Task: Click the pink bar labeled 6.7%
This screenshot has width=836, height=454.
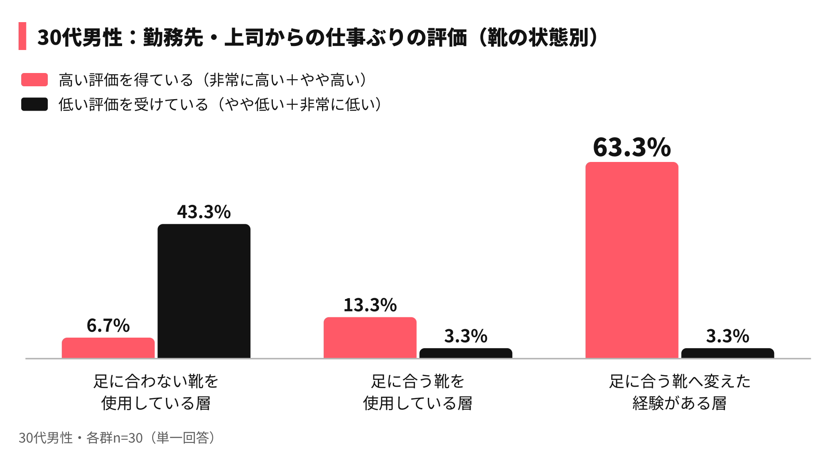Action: (108, 348)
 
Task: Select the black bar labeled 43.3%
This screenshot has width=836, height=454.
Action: (204, 291)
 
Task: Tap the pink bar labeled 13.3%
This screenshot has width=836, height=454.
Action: (370, 338)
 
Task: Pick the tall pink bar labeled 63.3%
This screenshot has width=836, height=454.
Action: (632, 260)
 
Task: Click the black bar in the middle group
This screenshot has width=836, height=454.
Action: (466, 353)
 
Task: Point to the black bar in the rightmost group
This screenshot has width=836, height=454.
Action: (728, 353)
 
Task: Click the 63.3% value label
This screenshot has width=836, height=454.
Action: (632, 147)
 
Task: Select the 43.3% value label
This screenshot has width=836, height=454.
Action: (204, 212)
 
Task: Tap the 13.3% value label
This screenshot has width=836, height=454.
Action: (370, 305)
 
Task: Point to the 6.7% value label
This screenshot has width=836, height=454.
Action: (108, 326)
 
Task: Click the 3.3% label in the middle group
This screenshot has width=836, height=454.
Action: (466, 336)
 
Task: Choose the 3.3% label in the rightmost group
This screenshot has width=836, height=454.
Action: (728, 336)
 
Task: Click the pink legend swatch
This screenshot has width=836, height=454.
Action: (35, 80)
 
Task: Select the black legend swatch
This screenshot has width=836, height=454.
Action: (35, 104)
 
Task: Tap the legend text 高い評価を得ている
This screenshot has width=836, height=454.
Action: (126, 80)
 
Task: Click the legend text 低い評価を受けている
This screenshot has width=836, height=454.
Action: (134, 105)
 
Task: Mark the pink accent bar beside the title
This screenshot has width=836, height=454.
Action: (22, 36)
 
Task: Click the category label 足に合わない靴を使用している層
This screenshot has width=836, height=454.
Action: (156, 392)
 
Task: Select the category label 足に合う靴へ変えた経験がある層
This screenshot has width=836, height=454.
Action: (680, 392)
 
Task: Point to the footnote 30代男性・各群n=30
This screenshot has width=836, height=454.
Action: (81, 438)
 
